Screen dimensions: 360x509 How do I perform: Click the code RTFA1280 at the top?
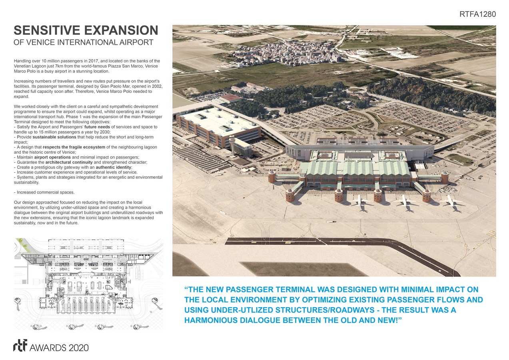(478, 14)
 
